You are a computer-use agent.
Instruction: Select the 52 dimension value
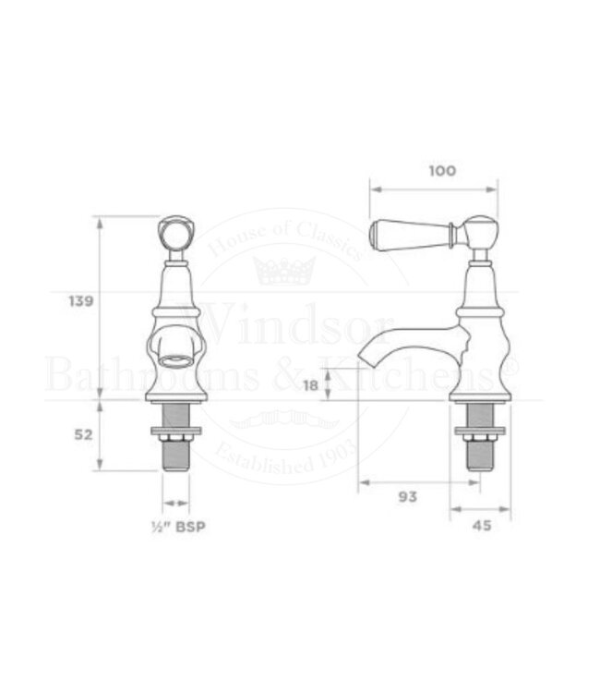pos(83,434)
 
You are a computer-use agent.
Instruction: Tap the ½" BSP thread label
pos(178,528)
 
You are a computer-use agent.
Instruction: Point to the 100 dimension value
pos(443,170)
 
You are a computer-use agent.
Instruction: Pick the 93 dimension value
pos(407,496)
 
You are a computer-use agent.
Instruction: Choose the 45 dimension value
pos(481,527)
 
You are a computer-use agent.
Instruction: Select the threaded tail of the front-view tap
pos(174,452)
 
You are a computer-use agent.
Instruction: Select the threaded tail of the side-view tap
pos(478,454)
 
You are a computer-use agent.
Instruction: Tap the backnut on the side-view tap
pos(478,433)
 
